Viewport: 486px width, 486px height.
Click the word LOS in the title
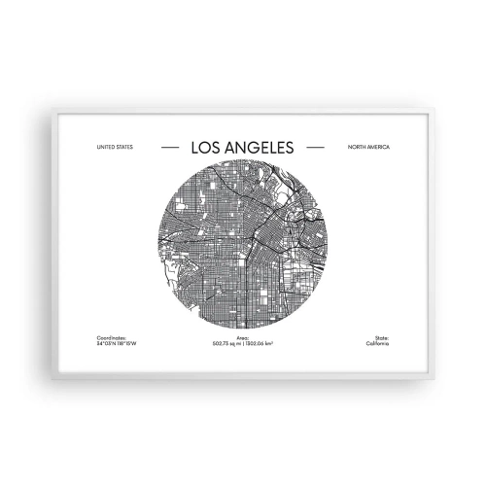point(207,148)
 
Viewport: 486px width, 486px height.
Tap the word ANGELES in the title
point(258,148)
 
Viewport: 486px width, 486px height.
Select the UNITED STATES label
point(115,148)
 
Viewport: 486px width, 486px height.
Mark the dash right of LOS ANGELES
point(315,148)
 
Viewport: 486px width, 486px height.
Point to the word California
point(377,344)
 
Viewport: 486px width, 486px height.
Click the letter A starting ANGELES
point(229,148)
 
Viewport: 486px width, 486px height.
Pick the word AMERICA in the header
point(377,148)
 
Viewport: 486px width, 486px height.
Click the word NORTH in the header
point(356,148)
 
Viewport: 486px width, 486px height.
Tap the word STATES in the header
point(123,148)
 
